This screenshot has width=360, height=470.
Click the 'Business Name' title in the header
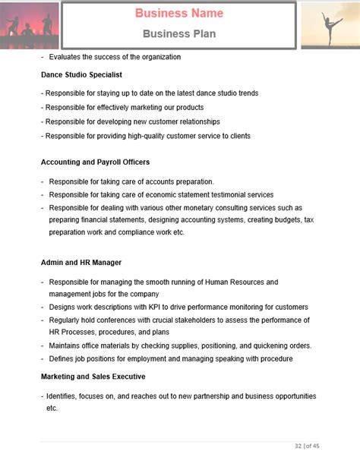point(179,14)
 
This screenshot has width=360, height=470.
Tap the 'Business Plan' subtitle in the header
point(179,33)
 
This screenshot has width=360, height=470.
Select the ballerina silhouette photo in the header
point(330,25)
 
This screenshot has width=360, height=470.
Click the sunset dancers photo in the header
point(29,25)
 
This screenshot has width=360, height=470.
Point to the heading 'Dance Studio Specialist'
point(81,75)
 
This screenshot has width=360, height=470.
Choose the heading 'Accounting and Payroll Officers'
point(95,162)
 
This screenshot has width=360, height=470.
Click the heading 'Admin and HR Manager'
point(81,263)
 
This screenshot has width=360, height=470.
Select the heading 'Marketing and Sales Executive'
point(93,377)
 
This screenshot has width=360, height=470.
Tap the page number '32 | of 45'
point(307,446)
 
